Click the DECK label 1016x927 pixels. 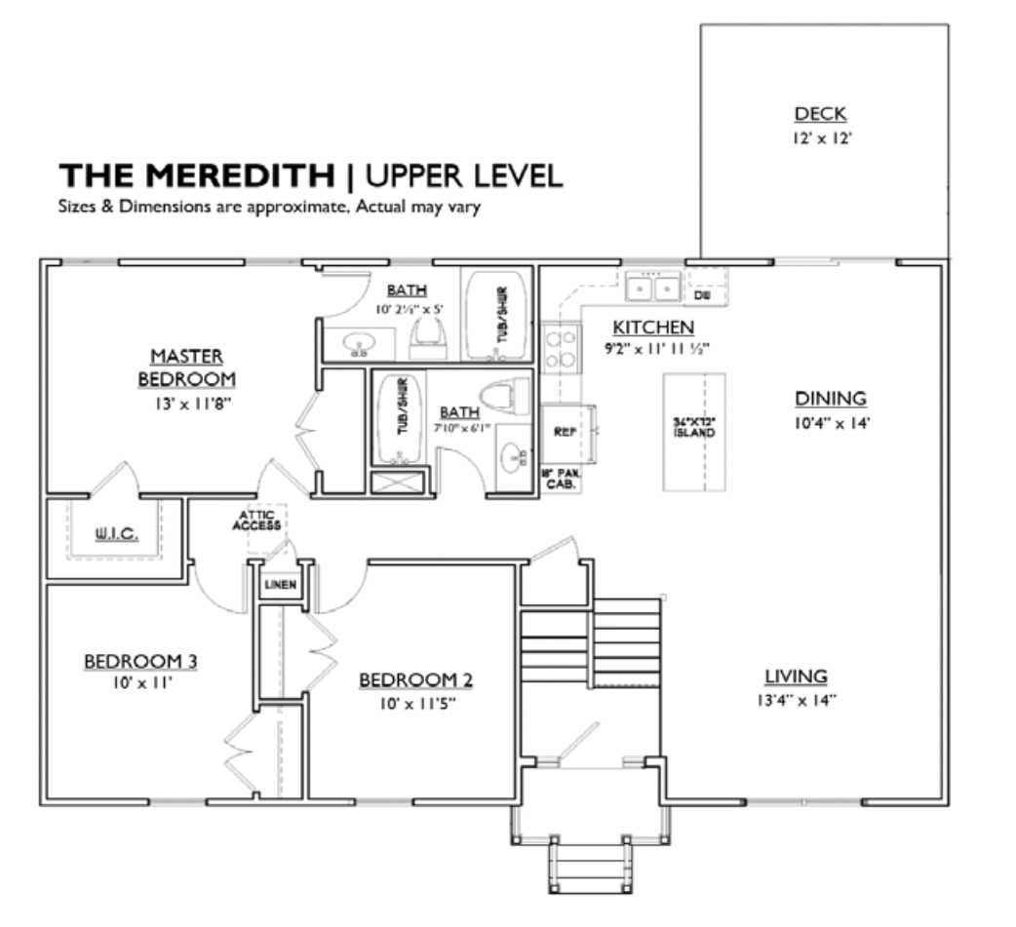(x=820, y=114)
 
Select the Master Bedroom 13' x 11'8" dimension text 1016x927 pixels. (x=185, y=400)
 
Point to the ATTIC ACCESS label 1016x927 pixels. (x=257, y=521)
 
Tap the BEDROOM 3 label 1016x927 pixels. (x=140, y=662)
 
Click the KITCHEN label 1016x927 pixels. (x=653, y=328)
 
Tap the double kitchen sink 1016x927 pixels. (x=653, y=289)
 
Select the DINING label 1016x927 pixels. (x=830, y=399)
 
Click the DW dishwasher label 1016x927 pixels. (x=703, y=292)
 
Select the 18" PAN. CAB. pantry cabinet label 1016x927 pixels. (x=560, y=478)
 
